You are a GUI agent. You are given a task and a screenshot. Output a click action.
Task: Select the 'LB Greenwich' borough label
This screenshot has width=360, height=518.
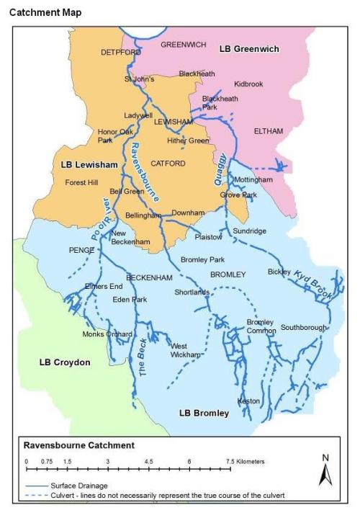pos(248,48)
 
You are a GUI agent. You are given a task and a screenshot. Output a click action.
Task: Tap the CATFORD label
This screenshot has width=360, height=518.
pos(168,164)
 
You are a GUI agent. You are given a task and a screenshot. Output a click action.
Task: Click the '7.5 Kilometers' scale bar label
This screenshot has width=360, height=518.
pos(246,461)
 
